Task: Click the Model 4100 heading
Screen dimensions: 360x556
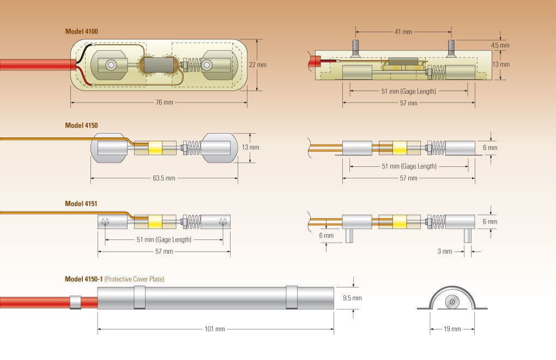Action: (x=81, y=32)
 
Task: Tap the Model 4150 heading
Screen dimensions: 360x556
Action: (x=81, y=125)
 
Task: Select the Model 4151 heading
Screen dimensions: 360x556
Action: (x=81, y=203)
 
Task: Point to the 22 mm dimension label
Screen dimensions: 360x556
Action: (x=258, y=64)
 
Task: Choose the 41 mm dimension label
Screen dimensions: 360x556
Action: (x=403, y=32)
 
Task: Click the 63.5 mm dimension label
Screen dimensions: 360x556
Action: (x=164, y=178)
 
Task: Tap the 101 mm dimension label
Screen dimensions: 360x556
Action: (x=216, y=329)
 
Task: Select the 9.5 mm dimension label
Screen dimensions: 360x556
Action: (x=352, y=298)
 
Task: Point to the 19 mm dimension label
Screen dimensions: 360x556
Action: (x=452, y=329)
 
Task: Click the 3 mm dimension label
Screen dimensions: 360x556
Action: (x=445, y=251)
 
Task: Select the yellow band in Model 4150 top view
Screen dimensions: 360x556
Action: (x=155, y=147)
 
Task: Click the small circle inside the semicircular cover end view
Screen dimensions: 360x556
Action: (x=451, y=302)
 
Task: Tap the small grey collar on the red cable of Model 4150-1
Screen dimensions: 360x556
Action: (x=75, y=302)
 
